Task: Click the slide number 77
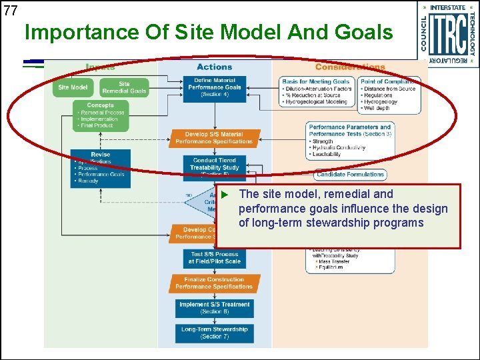[x=10, y=10]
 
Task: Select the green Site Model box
[x=73, y=87]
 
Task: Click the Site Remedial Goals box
[x=124, y=87]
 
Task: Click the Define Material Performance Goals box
[x=214, y=87]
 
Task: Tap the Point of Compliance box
[x=390, y=94]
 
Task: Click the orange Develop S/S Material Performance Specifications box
[x=214, y=138]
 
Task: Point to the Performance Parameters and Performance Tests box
[x=350, y=141]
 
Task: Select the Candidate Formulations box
[x=350, y=175]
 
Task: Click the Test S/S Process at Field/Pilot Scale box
[x=214, y=258]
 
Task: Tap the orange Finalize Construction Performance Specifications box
[x=214, y=283]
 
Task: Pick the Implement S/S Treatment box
[x=214, y=307]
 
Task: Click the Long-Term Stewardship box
[x=214, y=333]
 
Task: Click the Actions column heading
[x=214, y=67]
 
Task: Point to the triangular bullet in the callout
[x=225, y=194]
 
